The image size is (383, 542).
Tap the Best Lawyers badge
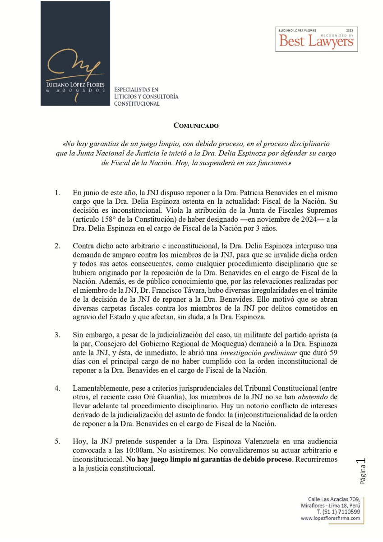coord(316,39)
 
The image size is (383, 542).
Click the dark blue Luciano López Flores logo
coord(75,53)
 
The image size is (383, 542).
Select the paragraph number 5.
coord(57,441)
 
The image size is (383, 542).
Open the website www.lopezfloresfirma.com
coord(331,518)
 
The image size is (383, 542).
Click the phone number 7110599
coord(348,512)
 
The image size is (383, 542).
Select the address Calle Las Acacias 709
coord(331,499)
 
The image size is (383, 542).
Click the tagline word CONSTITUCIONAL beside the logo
coord(137,103)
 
